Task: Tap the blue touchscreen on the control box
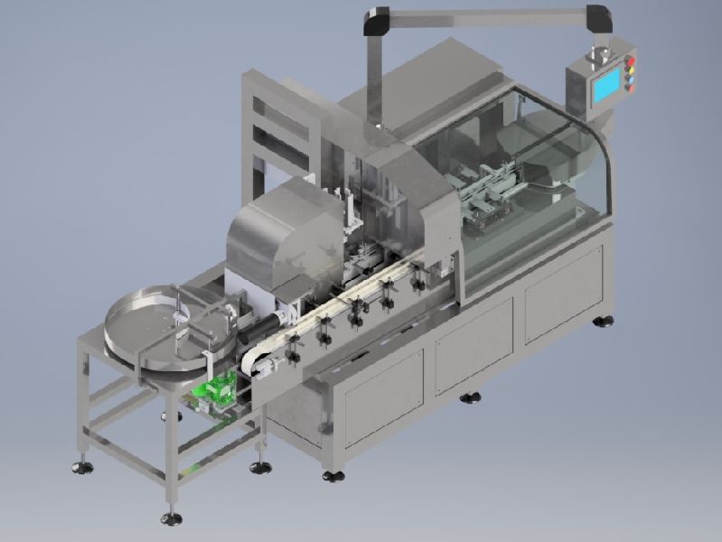tap(605, 85)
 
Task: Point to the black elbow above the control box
tap(597, 18)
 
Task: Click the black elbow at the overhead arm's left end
tap(376, 19)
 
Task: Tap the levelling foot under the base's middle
tap(470, 397)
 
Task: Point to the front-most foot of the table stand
tap(171, 518)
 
